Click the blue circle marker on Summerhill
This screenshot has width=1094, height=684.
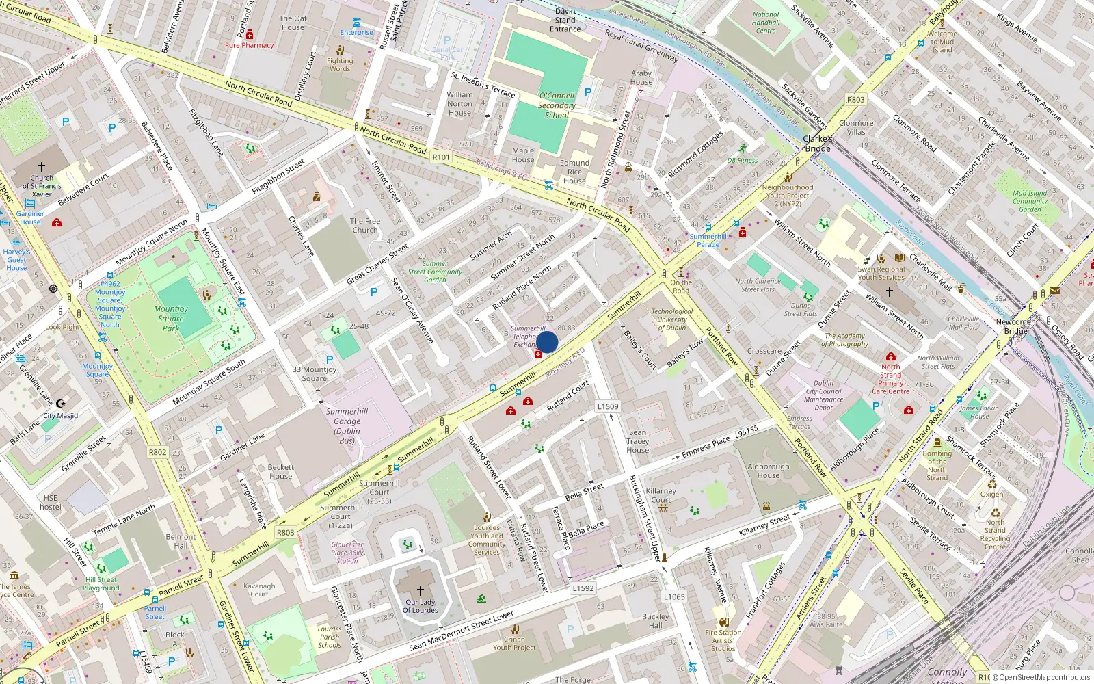[547, 342]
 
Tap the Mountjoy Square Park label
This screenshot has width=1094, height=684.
[170, 318]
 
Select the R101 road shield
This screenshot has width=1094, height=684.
[441, 157]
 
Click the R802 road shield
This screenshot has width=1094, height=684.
[157, 452]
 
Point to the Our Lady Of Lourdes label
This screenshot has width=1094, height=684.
[420, 607]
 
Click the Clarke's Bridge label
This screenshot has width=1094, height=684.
[818, 144]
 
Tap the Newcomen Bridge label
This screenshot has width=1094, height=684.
[1015, 326]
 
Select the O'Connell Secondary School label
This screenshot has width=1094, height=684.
[557, 105]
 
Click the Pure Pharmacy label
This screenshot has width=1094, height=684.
[249, 45]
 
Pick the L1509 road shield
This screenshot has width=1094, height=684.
[607, 406]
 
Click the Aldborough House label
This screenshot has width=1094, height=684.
[768, 471]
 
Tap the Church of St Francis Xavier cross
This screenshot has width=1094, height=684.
[42, 167]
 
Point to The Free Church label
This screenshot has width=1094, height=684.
[364, 226]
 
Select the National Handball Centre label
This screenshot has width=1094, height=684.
[766, 23]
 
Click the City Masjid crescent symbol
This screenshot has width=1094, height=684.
[61, 404]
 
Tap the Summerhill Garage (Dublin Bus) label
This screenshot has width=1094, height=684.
[347, 426]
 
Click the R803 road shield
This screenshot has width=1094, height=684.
[285, 532]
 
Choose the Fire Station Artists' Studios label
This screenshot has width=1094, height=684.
[723, 641]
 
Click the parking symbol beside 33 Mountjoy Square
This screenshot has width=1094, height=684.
[330, 359]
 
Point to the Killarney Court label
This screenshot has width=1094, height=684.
[661, 495]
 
